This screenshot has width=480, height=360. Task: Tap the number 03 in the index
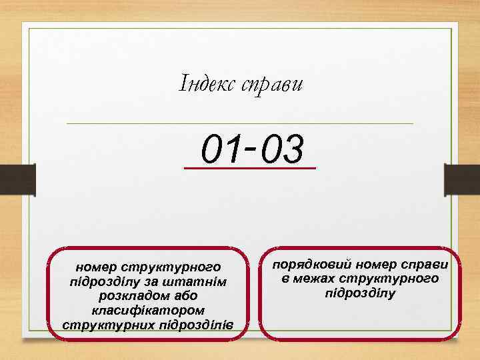pyautogui.click(x=282, y=149)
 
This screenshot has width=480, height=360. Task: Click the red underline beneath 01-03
pyautogui.click(x=250, y=168)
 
